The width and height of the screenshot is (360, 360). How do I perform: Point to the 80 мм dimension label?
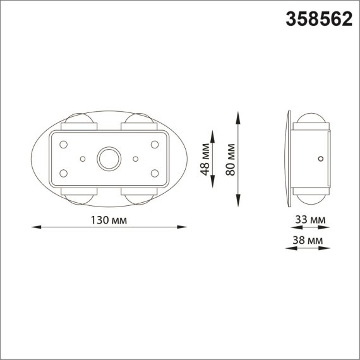(x=231, y=160)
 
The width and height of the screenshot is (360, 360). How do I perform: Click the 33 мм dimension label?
(x=310, y=220)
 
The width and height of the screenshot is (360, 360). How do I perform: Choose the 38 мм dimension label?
(x=310, y=241)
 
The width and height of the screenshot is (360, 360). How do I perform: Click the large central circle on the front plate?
(x=109, y=159)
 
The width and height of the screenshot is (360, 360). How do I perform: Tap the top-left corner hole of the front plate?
(x=63, y=144)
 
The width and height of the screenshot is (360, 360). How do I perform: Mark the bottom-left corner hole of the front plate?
(x=63, y=172)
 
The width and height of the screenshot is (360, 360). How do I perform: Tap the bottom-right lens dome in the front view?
(x=138, y=196)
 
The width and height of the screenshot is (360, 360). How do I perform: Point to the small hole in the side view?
(x=321, y=157)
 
